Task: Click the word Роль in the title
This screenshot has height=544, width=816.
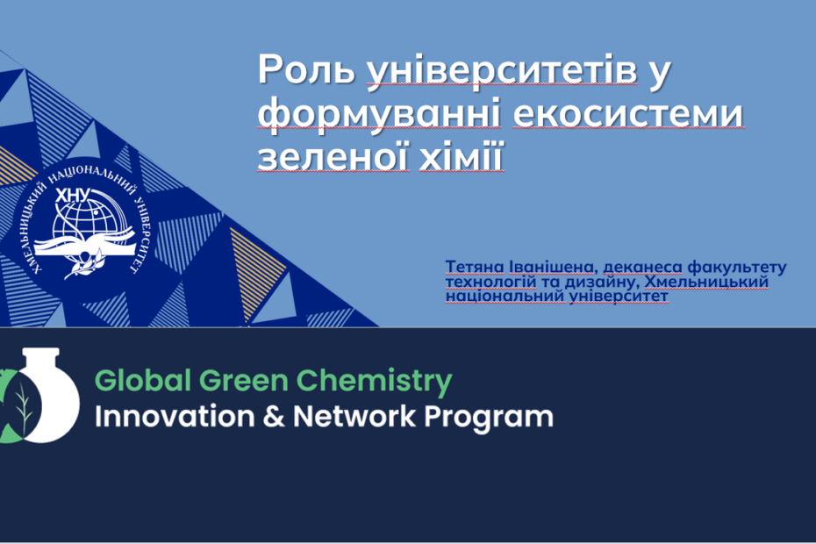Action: pos(305,68)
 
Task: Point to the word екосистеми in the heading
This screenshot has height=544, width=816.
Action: pos(627,114)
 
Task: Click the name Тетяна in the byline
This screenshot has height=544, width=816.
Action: pos(475,267)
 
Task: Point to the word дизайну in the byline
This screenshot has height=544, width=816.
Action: pos(601,283)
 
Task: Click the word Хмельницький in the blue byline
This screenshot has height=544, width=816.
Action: pos(706,282)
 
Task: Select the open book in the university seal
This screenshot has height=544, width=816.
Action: pos(84,245)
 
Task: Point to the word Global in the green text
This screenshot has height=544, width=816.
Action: pos(143,380)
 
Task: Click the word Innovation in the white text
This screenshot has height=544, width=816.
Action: pos(175,417)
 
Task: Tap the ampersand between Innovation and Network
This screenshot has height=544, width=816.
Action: pos(274,417)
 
